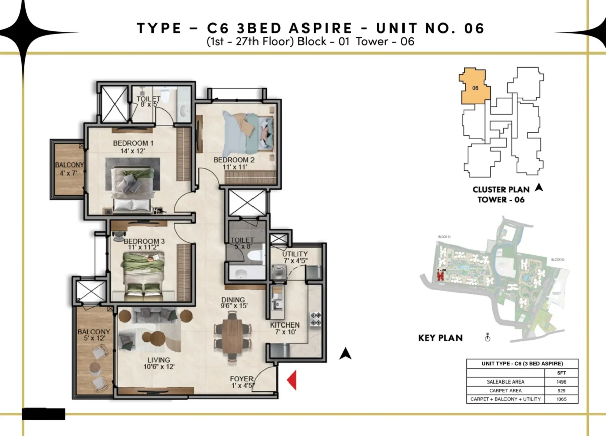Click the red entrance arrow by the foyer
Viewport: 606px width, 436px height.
pyautogui.click(x=291, y=380)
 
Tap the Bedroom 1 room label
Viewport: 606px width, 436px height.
pyautogui.click(x=133, y=147)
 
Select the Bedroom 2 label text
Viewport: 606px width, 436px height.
pyautogui.click(x=233, y=165)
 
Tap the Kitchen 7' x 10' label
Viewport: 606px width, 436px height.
pyautogui.click(x=285, y=329)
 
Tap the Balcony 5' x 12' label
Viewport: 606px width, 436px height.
pyautogui.click(x=91, y=336)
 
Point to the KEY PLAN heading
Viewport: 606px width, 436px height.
pyautogui.click(x=440, y=338)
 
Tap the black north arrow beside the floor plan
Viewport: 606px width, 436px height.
pyautogui.click(x=345, y=354)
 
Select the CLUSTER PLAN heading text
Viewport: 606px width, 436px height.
pyautogui.click(x=501, y=190)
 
